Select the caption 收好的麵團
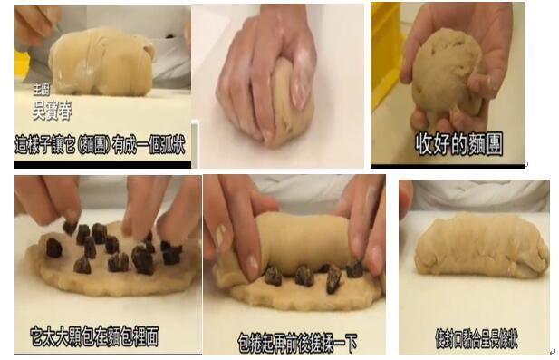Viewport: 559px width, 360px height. [458, 145]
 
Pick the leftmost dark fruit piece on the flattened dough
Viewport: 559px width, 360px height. [54, 248]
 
